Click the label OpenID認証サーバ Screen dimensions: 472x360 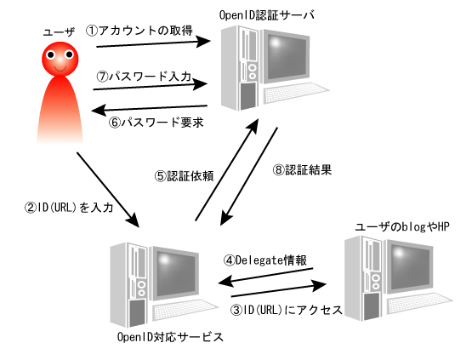pos(267,14)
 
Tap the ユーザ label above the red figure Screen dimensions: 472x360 pos(59,32)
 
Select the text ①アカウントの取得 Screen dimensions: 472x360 pos(139,31)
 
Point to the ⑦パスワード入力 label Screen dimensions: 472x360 pos(144,77)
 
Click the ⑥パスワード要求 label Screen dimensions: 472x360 pos(156,123)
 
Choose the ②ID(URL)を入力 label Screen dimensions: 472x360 pos(69,208)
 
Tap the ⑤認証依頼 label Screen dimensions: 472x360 pos(185,176)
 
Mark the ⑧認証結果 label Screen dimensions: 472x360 pos(302,169)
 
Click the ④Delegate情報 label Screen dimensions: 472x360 pos(265,260)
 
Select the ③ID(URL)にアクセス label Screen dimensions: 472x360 pos(287,310)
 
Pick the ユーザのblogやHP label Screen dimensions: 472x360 pos(402,226)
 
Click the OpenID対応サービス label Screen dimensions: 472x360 pos(170,337)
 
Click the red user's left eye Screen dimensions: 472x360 pos(50,54)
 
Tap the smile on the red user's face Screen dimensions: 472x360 pos(60,70)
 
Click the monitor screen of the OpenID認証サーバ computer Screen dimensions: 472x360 pos(287,56)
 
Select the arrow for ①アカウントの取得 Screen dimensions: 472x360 pos(154,43)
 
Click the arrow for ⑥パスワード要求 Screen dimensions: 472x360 pos(150,108)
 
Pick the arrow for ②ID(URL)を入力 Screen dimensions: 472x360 pos(108,190)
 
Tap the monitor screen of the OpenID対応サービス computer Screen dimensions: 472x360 pos(175,273)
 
